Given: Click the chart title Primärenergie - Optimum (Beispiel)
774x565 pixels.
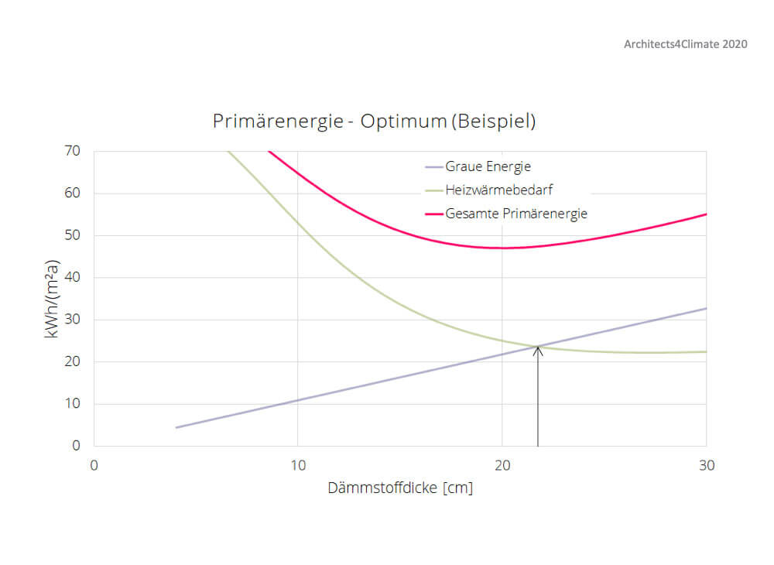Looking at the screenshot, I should tap(374, 122).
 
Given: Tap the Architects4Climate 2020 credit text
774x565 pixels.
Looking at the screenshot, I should tap(685, 44).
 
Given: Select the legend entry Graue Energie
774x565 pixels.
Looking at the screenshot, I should tap(488, 166).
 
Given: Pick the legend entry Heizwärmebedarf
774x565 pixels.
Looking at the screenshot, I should tap(499, 190).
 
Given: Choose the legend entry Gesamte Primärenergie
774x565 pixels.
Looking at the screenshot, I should tap(516, 214).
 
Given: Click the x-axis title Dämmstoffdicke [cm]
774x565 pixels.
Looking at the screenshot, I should tap(400, 488).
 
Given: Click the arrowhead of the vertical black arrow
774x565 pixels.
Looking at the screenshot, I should tap(538, 349).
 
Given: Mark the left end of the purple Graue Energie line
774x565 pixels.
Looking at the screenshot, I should tap(176, 427).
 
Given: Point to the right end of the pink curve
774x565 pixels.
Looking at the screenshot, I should tap(706, 214).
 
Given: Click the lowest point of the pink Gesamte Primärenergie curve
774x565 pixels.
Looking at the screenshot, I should tap(503, 248).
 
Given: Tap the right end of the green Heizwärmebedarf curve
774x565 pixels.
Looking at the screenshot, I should tap(706, 351).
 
